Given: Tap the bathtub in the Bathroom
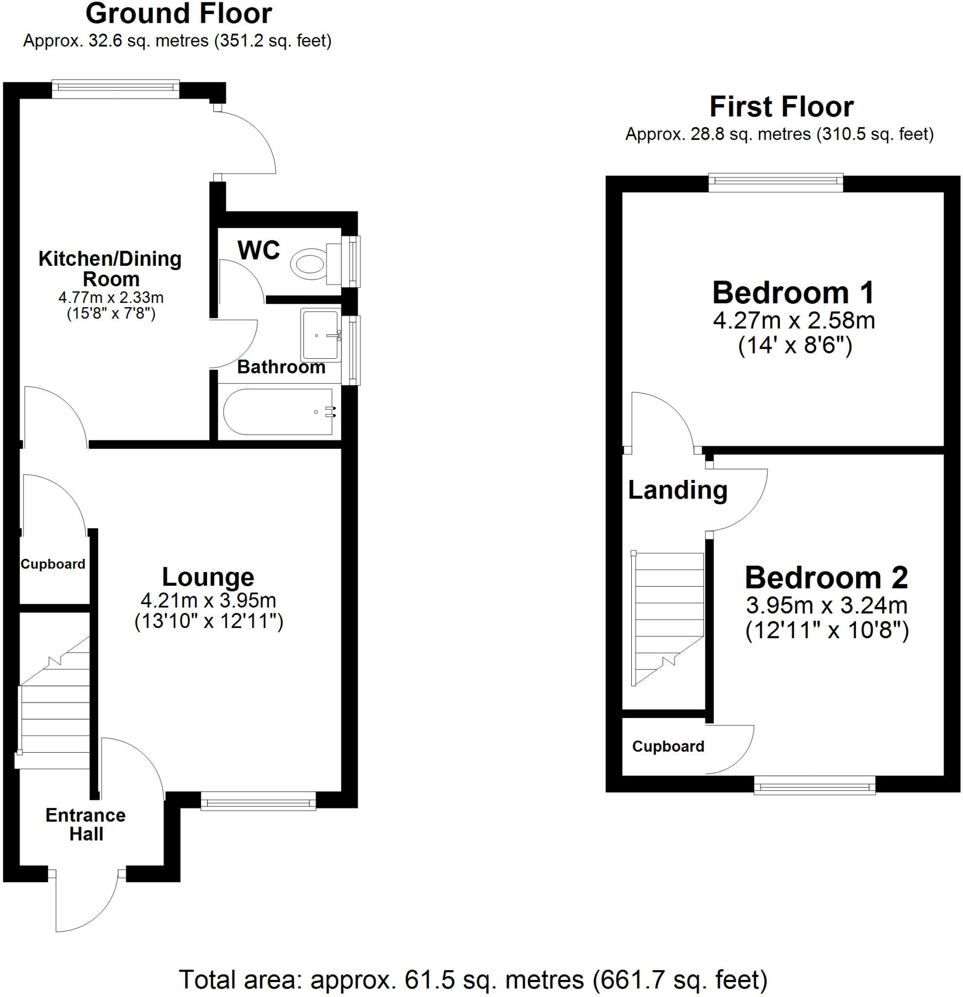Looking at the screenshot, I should tap(279, 411).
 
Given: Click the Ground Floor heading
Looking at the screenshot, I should tap(178, 14).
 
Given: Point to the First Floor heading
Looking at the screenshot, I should tap(781, 107).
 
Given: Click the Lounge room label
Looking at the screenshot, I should tap(208, 577).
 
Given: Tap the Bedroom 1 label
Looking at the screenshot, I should tap(793, 293).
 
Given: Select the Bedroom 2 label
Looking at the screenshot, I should tap(826, 578).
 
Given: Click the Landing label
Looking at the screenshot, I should tap(678, 490).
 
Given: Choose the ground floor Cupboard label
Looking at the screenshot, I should tap(53, 564).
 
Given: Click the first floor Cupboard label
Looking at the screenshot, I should tap(668, 746).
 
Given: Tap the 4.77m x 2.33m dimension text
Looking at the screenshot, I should tap(111, 297).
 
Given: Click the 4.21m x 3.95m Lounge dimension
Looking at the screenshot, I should tap(208, 601).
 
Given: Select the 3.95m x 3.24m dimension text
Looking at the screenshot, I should tap(827, 605).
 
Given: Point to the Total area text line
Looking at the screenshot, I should tap(473, 979).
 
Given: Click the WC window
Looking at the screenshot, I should tap(352, 261).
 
